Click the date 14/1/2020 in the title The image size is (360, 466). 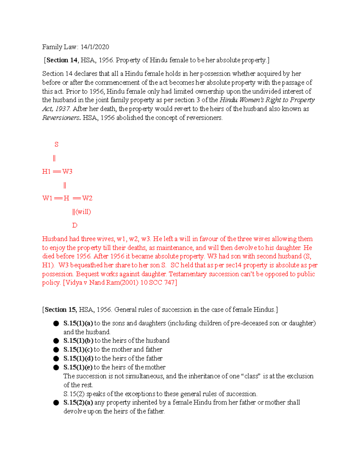(95, 47)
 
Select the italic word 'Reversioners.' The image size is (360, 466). (61, 118)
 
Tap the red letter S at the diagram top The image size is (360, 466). (56, 144)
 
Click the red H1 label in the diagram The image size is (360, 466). (46, 171)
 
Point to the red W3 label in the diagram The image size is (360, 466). (67, 171)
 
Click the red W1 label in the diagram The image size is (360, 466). (47, 198)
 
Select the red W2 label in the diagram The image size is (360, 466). (87, 198)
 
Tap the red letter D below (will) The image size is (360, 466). (75, 225)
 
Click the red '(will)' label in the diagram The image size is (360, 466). (83, 212)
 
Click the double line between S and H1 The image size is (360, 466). (54, 158)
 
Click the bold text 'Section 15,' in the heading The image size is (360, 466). (61, 310)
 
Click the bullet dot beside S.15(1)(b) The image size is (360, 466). (56, 341)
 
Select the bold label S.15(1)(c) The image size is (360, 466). (78, 350)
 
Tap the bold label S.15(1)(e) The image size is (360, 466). (78, 367)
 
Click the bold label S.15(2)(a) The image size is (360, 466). (78, 403)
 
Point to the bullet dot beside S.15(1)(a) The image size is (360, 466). (56, 323)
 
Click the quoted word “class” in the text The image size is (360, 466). (251, 376)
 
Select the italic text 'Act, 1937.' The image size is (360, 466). (56, 109)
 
